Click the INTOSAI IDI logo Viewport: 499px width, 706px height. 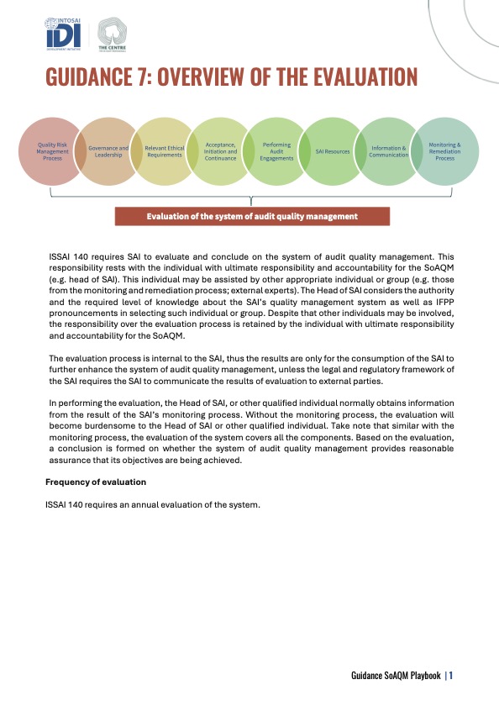pos(63,33)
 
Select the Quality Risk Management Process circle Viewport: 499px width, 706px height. pos(53,151)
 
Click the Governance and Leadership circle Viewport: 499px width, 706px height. pos(108,151)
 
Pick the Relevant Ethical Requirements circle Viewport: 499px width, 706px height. pos(165,151)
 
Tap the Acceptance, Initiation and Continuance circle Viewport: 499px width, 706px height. pos(220,151)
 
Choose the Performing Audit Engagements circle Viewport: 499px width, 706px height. pos(277,151)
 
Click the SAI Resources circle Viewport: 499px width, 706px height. pos(333,151)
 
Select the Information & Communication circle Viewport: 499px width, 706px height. pos(388,151)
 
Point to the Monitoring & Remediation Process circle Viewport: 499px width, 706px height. pos(445,151)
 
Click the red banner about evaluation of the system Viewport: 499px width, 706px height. pos(252,216)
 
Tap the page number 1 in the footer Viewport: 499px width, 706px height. pos(451,674)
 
